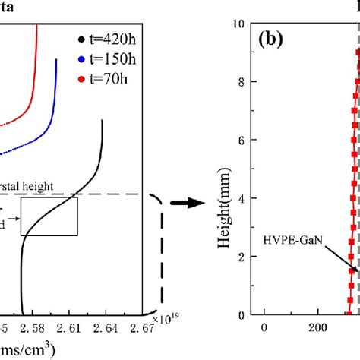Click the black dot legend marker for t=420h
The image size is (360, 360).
tap(81, 39)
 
